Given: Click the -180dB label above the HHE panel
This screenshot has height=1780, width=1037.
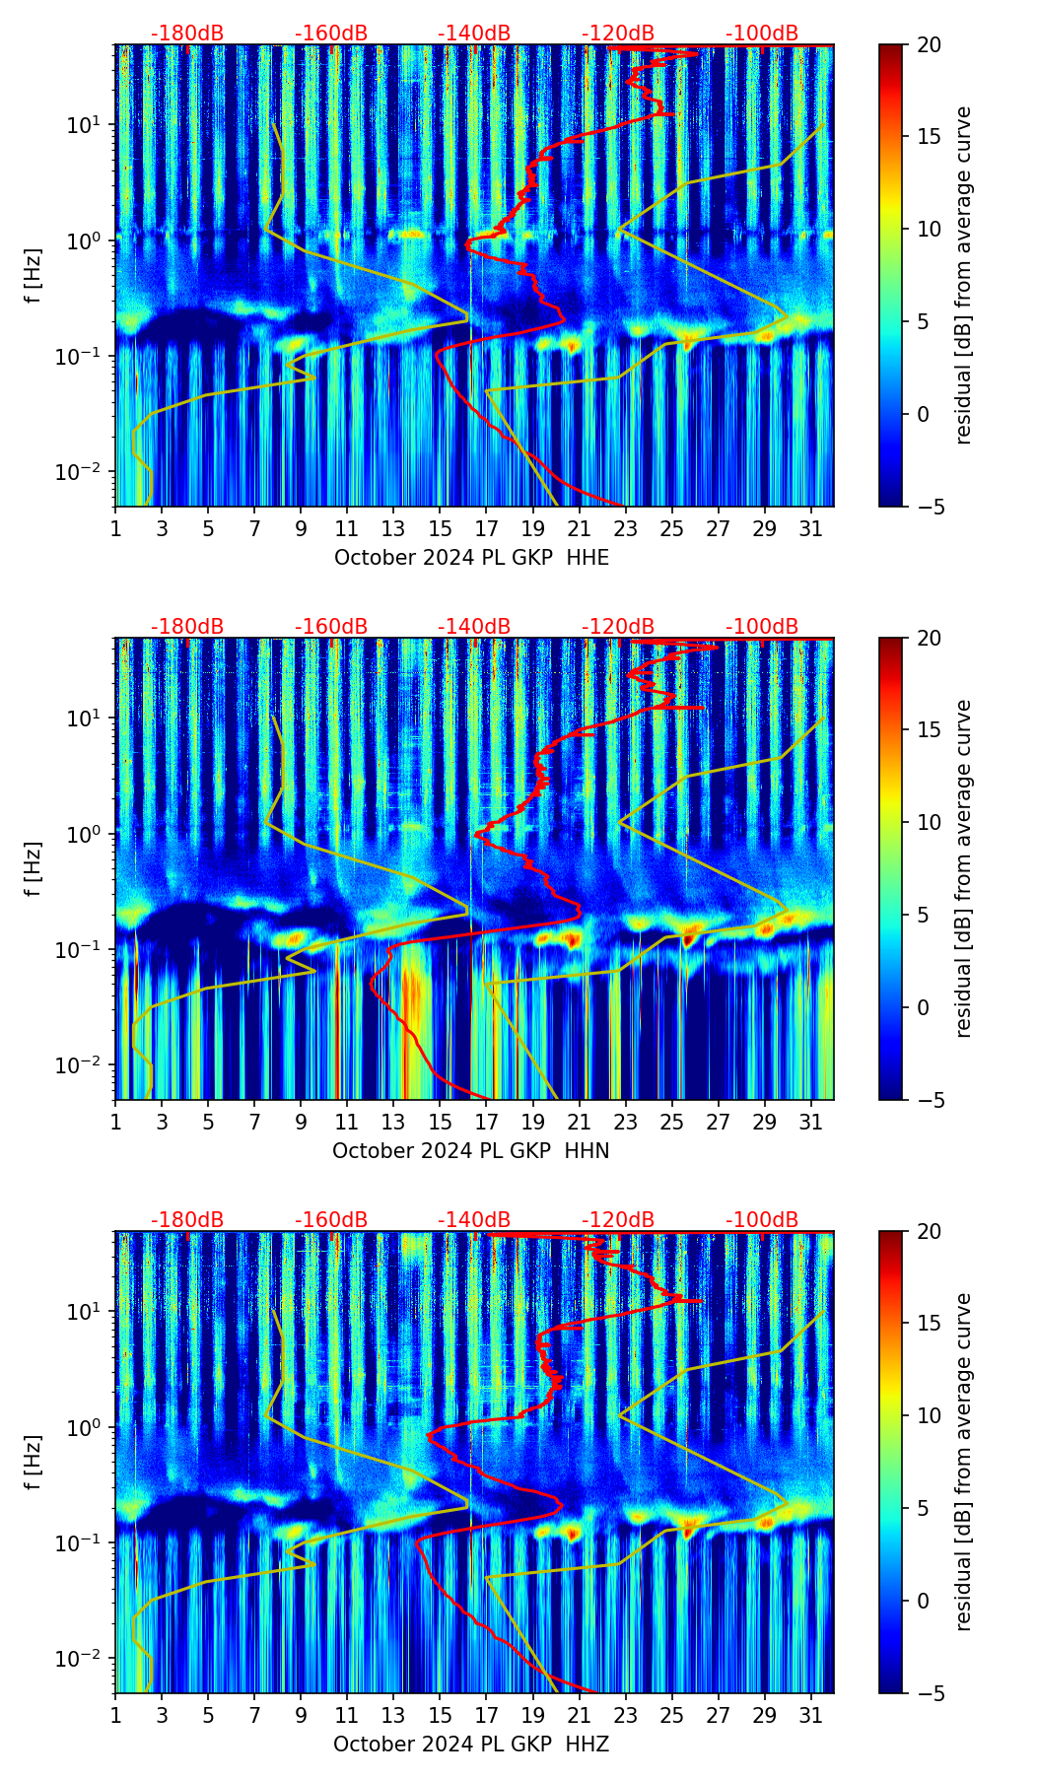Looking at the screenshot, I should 187,34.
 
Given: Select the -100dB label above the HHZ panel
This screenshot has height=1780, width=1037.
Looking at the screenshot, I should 762,1220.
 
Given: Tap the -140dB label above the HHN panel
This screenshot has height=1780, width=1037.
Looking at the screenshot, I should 474,627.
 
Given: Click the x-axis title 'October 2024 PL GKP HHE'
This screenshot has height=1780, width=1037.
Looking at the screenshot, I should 471,558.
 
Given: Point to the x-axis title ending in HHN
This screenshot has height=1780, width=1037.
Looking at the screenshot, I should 471,1151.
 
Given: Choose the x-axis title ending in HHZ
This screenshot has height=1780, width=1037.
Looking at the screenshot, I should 471,1745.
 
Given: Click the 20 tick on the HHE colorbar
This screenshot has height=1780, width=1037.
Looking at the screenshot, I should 929,44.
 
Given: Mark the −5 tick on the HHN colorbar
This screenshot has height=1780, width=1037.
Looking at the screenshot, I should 929,1100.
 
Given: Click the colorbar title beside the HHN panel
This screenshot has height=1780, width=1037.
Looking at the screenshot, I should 963,868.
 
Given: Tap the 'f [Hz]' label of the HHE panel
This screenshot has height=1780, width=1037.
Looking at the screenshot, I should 34,276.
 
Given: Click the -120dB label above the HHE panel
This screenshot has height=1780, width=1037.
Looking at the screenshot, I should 618,34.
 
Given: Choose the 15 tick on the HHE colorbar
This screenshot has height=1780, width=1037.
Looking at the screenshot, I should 929,137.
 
